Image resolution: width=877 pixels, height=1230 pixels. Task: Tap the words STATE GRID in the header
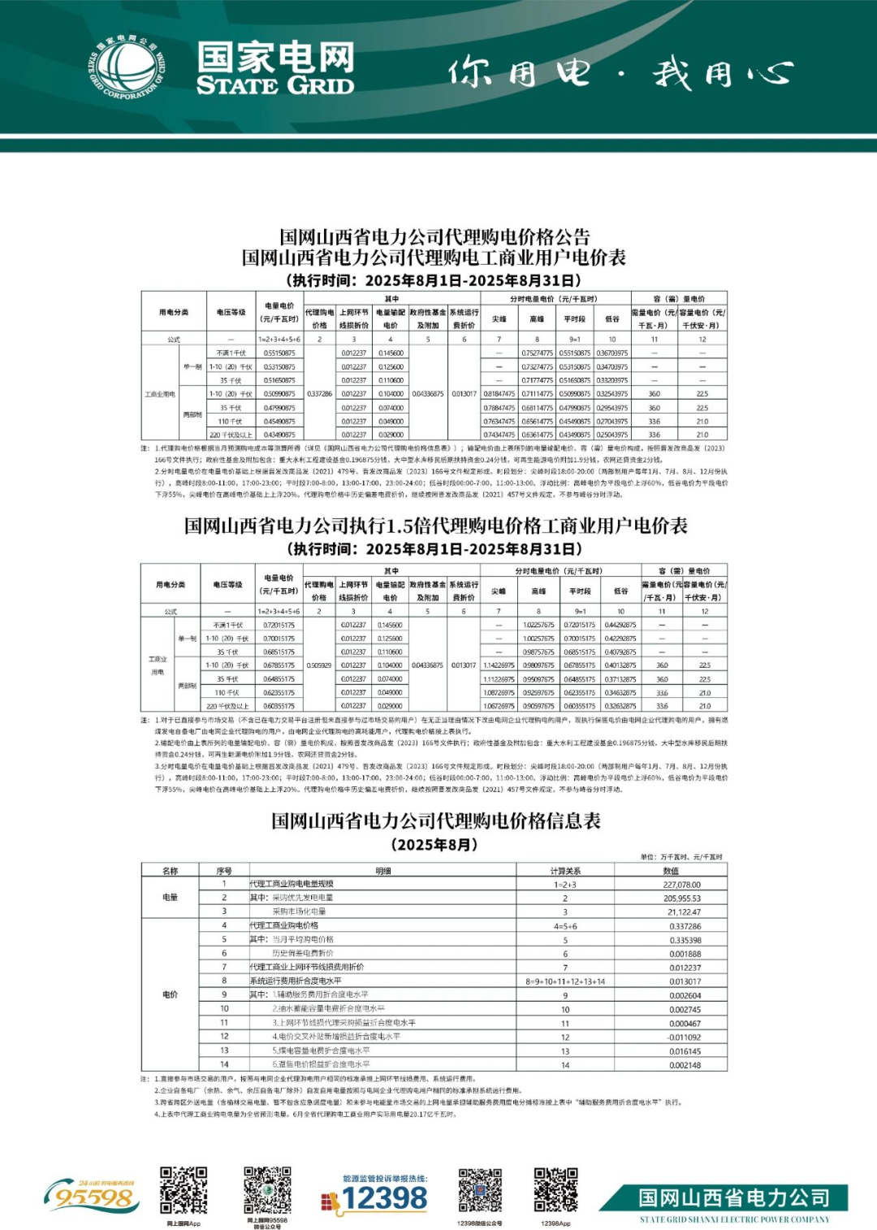point(274,84)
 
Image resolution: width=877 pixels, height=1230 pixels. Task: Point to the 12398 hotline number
point(384,1198)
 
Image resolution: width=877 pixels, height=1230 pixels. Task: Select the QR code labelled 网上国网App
point(184,1190)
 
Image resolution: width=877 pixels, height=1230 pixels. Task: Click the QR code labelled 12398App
point(555,1190)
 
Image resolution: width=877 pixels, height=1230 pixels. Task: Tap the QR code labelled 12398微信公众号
point(479,1190)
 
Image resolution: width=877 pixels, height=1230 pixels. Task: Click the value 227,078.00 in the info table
point(681,885)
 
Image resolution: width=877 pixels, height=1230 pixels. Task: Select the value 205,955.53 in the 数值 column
point(681,899)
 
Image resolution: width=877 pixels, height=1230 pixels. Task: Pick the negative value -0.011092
point(684,1037)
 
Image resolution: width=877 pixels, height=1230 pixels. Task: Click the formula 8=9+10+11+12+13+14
point(565,981)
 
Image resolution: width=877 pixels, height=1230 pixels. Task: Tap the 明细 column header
point(383,871)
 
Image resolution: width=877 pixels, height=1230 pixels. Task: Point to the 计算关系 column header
point(565,871)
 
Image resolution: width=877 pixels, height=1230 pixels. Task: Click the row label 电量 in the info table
point(171,898)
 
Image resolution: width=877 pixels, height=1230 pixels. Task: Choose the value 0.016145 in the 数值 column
point(685,1051)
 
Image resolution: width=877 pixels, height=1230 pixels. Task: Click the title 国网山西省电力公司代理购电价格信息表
point(436,821)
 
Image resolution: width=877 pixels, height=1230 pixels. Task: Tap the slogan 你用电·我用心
point(620,74)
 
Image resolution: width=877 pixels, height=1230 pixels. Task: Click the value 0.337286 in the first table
point(319,394)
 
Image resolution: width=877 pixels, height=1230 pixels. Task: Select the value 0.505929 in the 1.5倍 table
point(319,665)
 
